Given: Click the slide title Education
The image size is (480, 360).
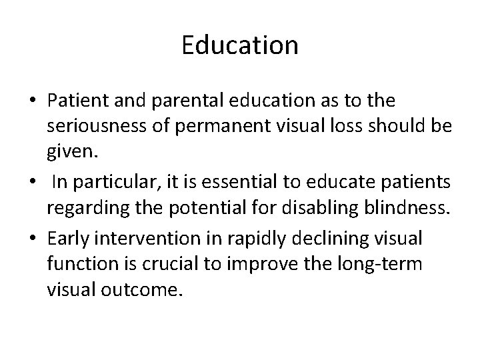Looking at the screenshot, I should [240, 45].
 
